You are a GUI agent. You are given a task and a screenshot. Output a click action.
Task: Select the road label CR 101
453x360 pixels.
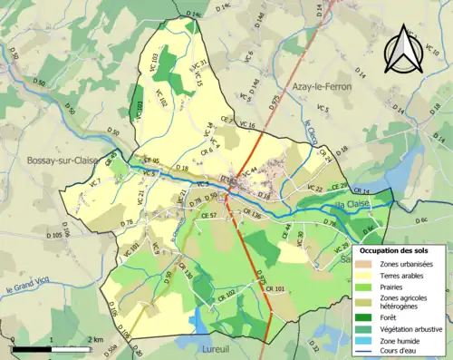(x=275, y=288)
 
